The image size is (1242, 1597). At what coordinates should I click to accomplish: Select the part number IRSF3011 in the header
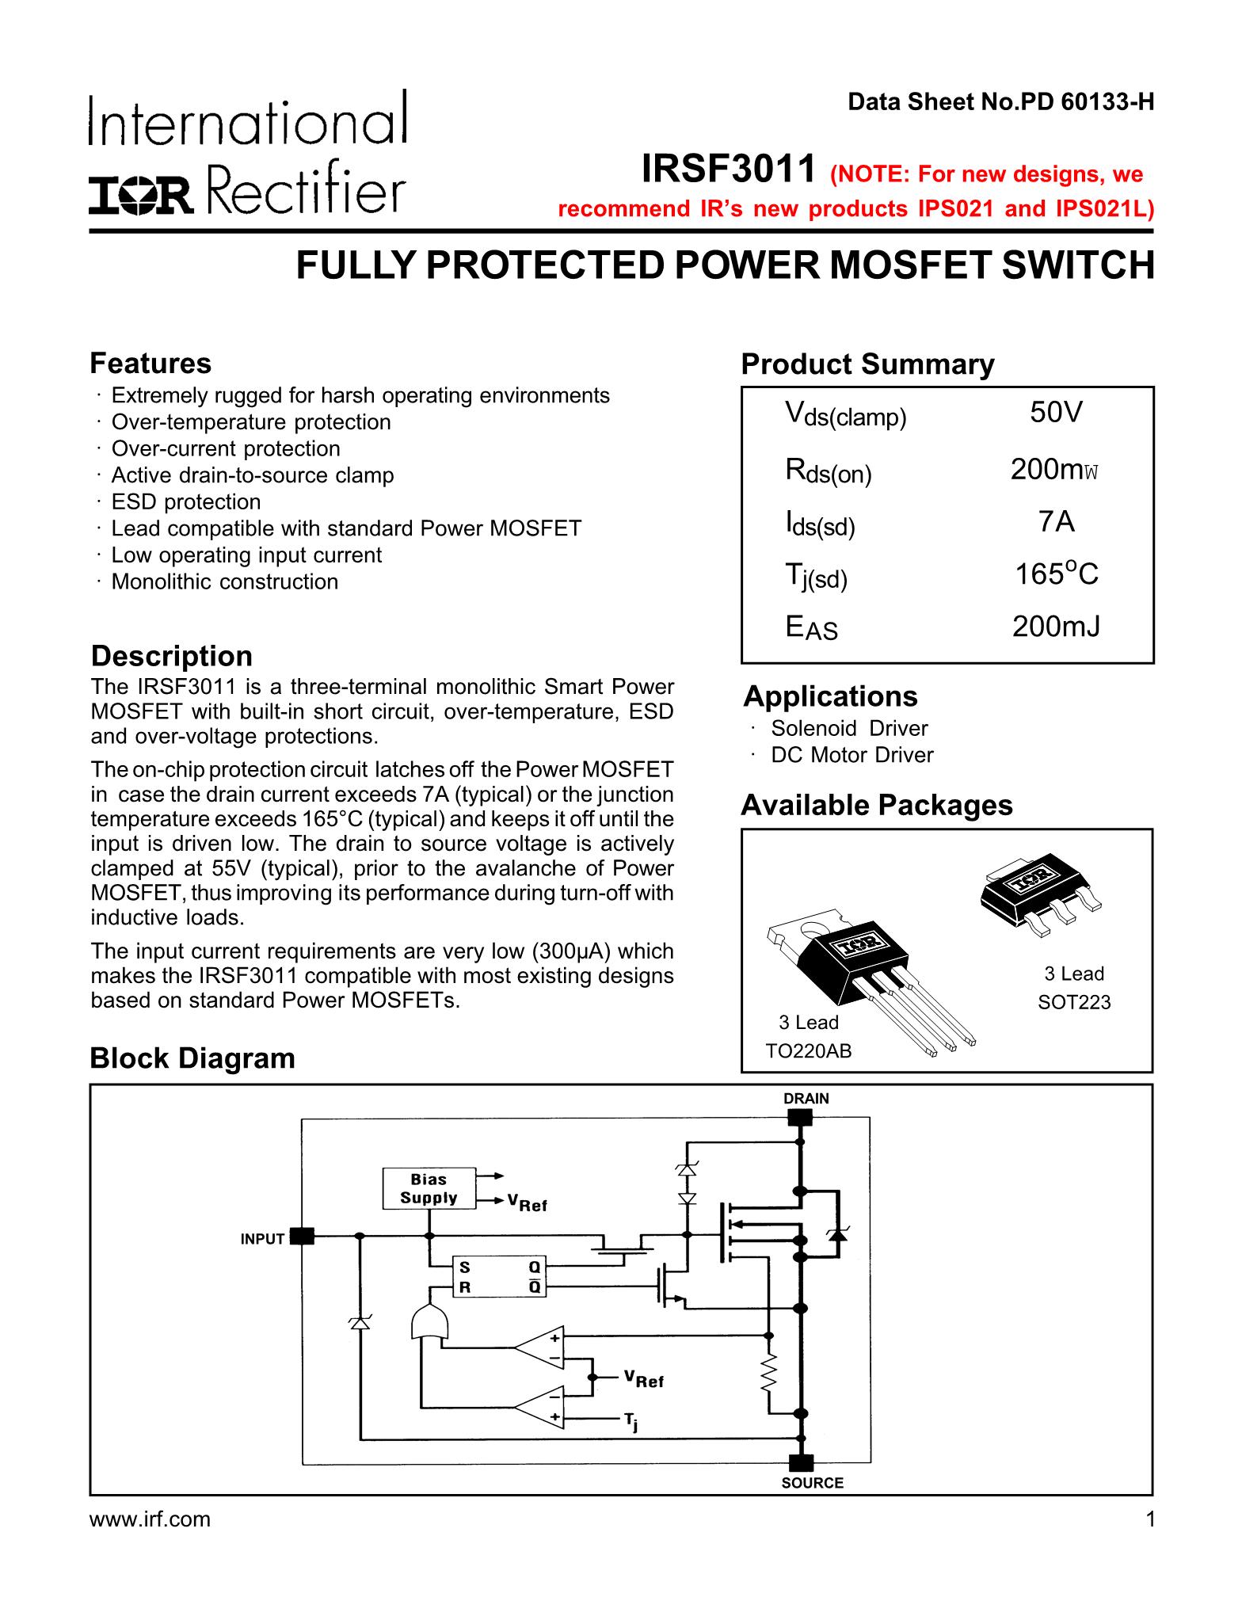728,169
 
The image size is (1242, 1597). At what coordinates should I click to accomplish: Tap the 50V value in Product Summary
1056,413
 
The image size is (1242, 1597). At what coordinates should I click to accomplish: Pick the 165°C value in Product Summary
1057,574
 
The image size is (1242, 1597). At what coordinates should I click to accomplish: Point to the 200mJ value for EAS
1056,627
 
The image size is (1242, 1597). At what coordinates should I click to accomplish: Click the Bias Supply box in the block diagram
429,1188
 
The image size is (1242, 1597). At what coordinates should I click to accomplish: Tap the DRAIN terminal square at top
801,1118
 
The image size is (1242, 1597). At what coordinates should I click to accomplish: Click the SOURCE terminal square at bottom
802,1462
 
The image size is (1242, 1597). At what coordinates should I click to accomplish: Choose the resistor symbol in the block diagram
768,1373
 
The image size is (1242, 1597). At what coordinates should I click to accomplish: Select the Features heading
150,364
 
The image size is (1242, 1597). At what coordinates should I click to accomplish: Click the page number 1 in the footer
1149,1519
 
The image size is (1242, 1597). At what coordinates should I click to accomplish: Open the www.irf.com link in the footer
150,1519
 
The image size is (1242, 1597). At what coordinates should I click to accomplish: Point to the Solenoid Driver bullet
848,728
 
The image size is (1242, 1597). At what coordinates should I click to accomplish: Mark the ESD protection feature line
185,502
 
